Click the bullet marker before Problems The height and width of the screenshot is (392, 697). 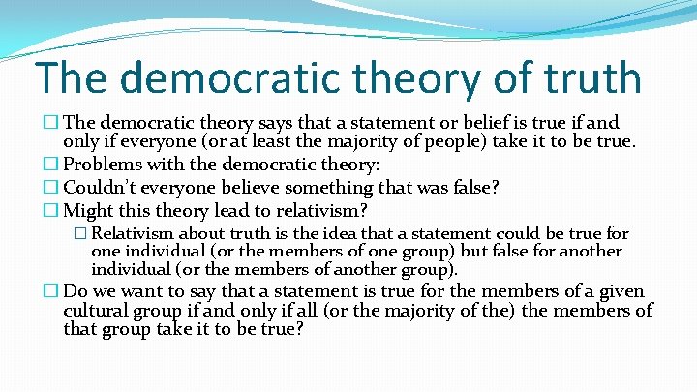pyautogui.click(x=52, y=165)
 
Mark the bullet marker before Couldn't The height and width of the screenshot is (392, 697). pyautogui.click(x=52, y=188)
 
